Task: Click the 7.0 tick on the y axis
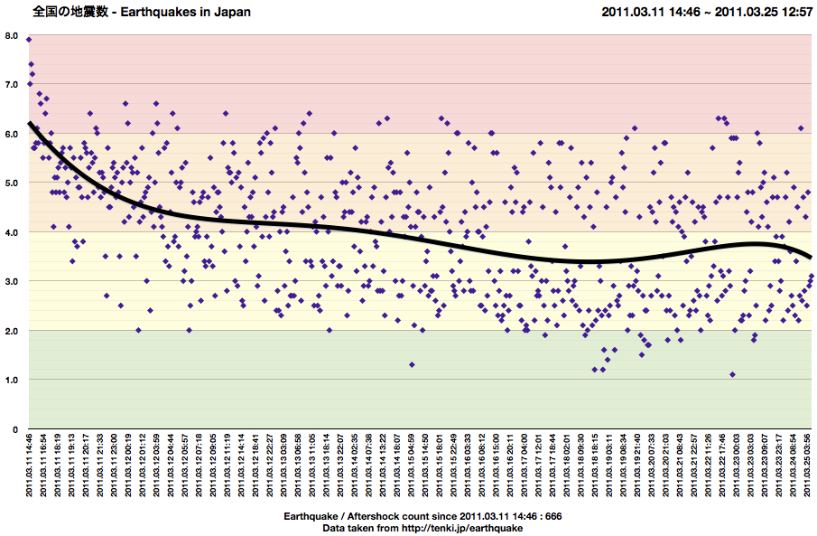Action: (x=13, y=84)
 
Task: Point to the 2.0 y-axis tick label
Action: (x=13, y=331)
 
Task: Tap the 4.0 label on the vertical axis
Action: (x=13, y=232)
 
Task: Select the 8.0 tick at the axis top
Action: (x=13, y=35)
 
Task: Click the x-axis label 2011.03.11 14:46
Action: (x=30, y=466)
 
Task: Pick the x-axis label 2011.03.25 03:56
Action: (x=809, y=466)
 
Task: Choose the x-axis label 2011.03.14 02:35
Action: (x=356, y=466)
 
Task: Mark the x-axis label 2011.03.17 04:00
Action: (x=525, y=466)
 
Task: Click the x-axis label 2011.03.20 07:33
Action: (x=653, y=466)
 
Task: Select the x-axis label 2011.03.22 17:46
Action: (x=723, y=466)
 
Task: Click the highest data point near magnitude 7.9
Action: (x=29, y=40)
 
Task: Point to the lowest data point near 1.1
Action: (x=732, y=374)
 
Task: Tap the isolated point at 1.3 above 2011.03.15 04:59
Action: (x=412, y=364)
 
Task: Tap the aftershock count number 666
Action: (x=553, y=516)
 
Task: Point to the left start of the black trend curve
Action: (x=30, y=123)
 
